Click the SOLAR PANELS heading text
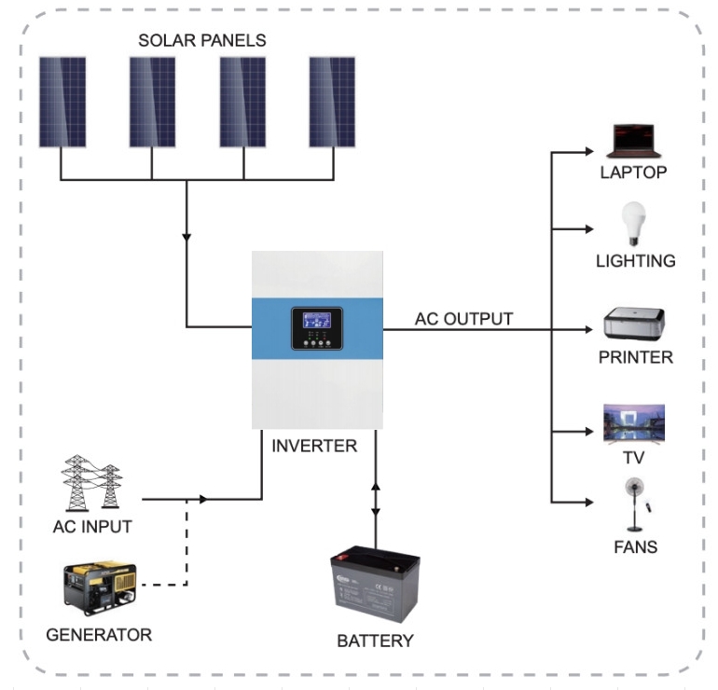point(202,41)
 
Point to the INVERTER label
point(314,447)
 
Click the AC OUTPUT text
point(463,319)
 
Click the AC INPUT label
point(91,528)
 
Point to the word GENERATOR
point(99,636)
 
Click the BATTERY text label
point(375,642)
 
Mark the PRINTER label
point(634,358)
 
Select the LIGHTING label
point(635,261)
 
